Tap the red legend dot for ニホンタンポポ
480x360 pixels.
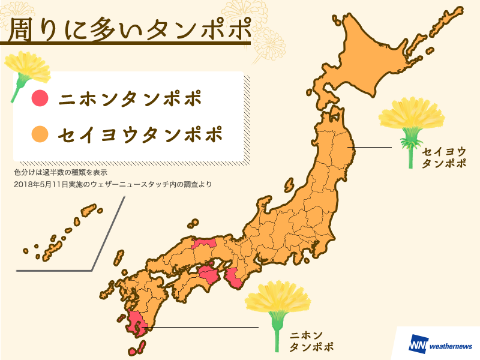pyautogui.click(x=40, y=98)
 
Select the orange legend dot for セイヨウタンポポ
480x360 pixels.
pyautogui.click(x=40, y=134)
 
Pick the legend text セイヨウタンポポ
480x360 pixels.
pyautogui.click(x=140, y=134)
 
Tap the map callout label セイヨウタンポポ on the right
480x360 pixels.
pyautogui.click(x=443, y=157)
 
